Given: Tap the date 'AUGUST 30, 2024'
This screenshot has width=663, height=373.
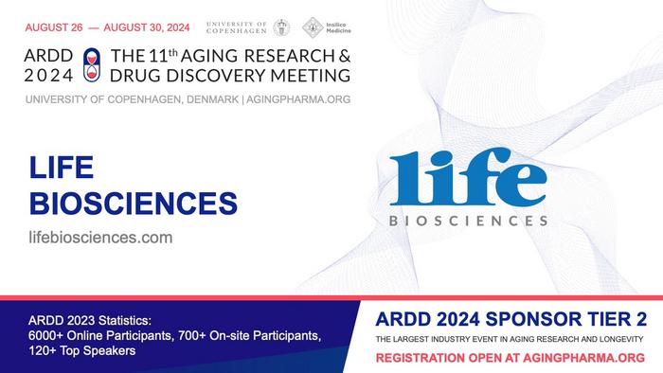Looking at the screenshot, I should pos(140,27).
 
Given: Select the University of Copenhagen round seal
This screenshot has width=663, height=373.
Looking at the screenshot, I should pos(282,27).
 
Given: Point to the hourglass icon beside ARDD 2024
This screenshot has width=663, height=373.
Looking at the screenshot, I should pos(91,62).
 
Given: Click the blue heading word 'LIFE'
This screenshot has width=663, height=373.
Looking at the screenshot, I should pos(60,170).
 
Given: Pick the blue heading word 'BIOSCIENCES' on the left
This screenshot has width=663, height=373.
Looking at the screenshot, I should pos(132,203).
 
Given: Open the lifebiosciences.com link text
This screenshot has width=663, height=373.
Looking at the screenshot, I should pos(100,238).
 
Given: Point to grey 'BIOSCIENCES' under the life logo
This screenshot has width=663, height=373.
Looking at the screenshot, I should pos(469,221).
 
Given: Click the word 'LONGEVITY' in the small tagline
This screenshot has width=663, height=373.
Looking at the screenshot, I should pos(616,338).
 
